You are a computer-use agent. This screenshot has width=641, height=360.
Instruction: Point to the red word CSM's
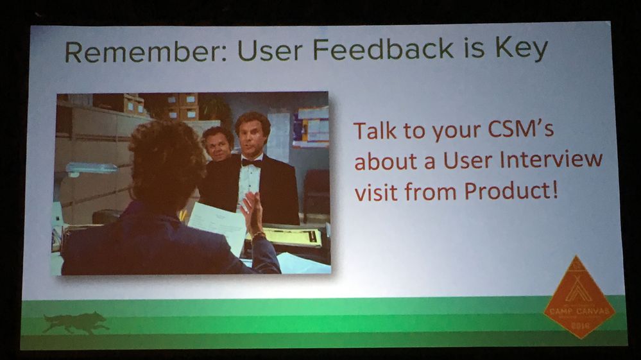pos(517,132)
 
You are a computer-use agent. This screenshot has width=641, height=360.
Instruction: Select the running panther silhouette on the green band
pos(76,322)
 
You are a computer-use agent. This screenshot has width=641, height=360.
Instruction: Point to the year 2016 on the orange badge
pos(579,325)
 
